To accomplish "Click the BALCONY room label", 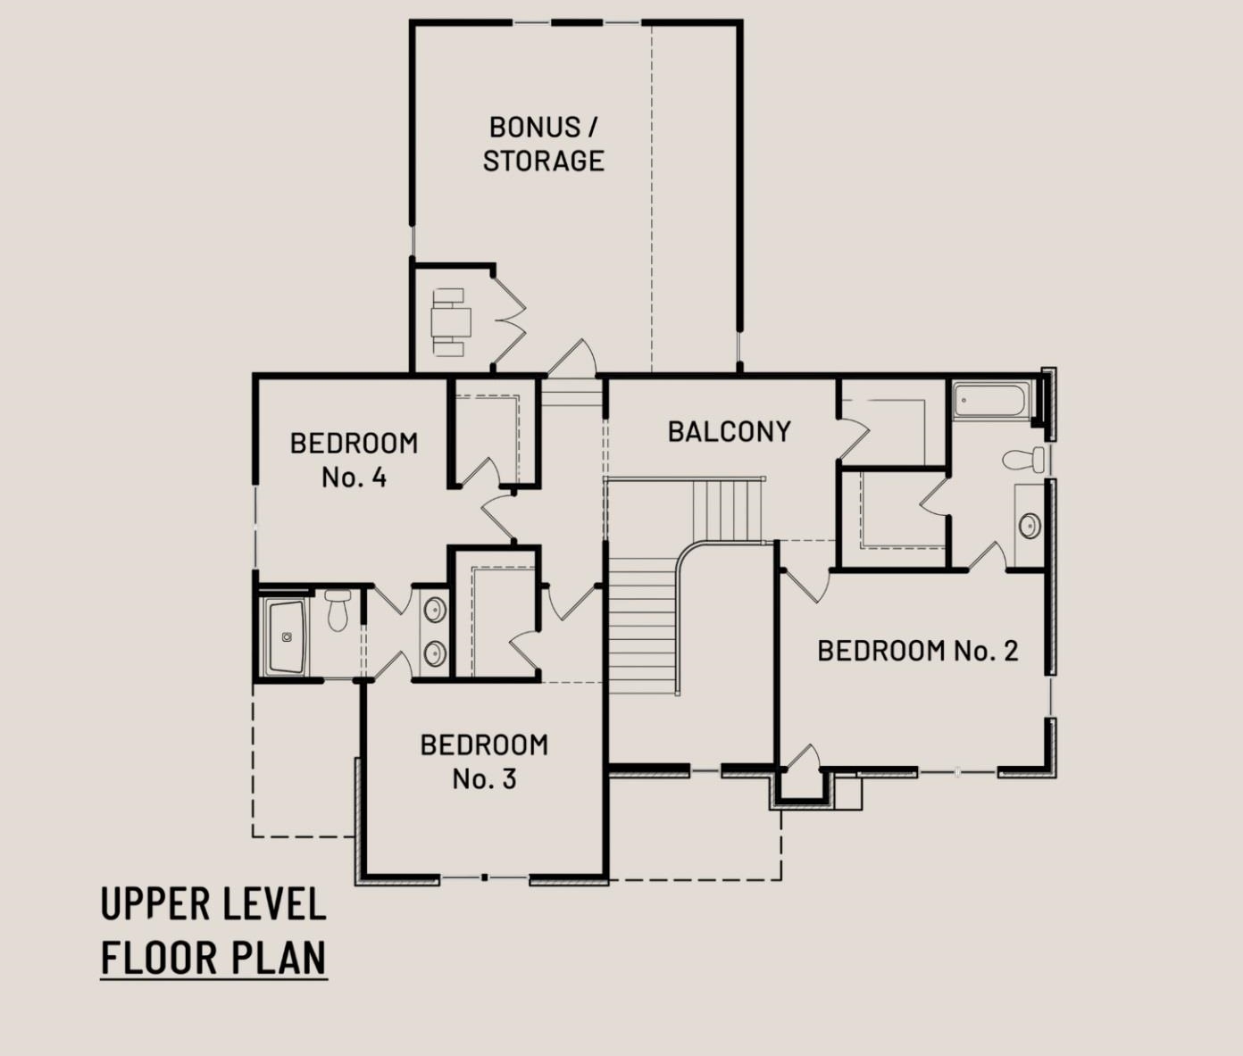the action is (730, 432).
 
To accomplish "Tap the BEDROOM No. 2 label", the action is (918, 651).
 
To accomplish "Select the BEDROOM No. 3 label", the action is (484, 762).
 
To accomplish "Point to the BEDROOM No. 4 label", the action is (355, 461).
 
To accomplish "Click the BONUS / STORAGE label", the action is (544, 145).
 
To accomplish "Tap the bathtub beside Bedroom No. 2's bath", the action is (990, 400).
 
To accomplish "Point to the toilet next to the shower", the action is (338, 610).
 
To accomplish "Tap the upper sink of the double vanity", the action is (435, 610).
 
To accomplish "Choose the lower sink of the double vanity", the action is (435, 653).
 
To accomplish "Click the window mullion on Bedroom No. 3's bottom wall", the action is (484, 878).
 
